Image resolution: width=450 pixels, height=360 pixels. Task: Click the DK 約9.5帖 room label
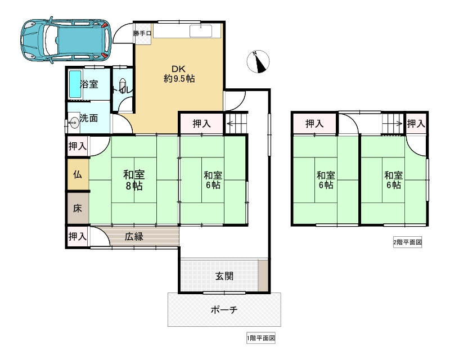[179, 74]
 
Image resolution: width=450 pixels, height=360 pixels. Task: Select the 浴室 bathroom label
[89, 85]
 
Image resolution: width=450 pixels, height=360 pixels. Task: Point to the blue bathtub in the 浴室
[74, 84]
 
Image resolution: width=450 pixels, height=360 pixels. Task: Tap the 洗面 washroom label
[89, 119]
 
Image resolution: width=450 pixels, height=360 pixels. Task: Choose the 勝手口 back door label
[142, 34]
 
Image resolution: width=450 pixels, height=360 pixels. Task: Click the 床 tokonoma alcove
[78, 208]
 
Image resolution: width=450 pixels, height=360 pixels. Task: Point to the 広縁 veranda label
[134, 237]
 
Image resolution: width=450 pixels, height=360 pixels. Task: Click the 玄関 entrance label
[224, 276]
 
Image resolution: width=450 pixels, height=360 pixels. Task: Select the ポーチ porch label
[224, 310]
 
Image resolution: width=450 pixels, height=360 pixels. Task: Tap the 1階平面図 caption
[260, 339]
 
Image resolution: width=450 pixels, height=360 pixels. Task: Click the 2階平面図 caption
[407, 243]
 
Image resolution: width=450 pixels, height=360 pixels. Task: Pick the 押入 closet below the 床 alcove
[78, 237]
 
